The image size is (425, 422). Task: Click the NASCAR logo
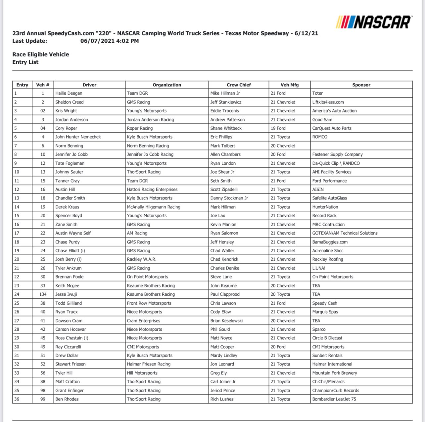[x=374, y=22]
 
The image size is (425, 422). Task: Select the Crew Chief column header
[x=239, y=85]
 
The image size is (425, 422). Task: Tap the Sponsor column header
[x=361, y=85]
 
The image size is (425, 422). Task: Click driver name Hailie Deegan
[x=69, y=93]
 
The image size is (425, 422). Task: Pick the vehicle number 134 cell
[x=43, y=294]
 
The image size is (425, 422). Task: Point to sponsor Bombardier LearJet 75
[x=334, y=399]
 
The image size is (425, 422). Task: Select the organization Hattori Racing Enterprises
[x=152, y=190]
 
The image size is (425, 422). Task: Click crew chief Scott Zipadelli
[x=224, y=190]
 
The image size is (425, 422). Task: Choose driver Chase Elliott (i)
[x=70, y=251]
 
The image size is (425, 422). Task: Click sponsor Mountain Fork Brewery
[x=335, y=373]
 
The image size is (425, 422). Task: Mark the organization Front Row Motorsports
[x=149, y=303]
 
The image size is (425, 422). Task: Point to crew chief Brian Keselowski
[x=226, y=321]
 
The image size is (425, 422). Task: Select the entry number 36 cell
[x=17, y=399]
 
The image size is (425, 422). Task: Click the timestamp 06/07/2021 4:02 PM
[x=110, y=41]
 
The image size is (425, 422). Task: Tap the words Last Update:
[x=30, y=41]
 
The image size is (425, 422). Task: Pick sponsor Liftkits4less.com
[x=328, y=102]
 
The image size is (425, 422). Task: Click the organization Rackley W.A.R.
[x=142, y=259]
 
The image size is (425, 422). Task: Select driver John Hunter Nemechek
[x=78, y=137]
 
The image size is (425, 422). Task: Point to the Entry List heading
[x=25, y=62]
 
